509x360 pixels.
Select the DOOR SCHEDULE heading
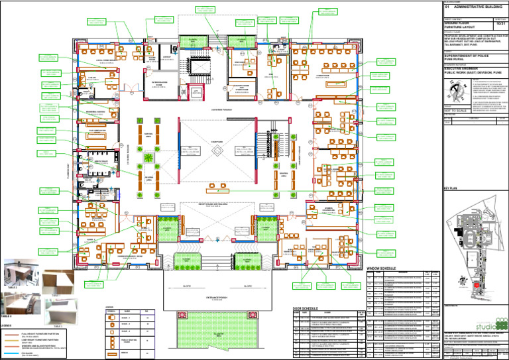pos(307,309)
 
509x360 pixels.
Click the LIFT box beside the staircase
pos(196,93)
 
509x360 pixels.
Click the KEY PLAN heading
pos(451,190)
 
